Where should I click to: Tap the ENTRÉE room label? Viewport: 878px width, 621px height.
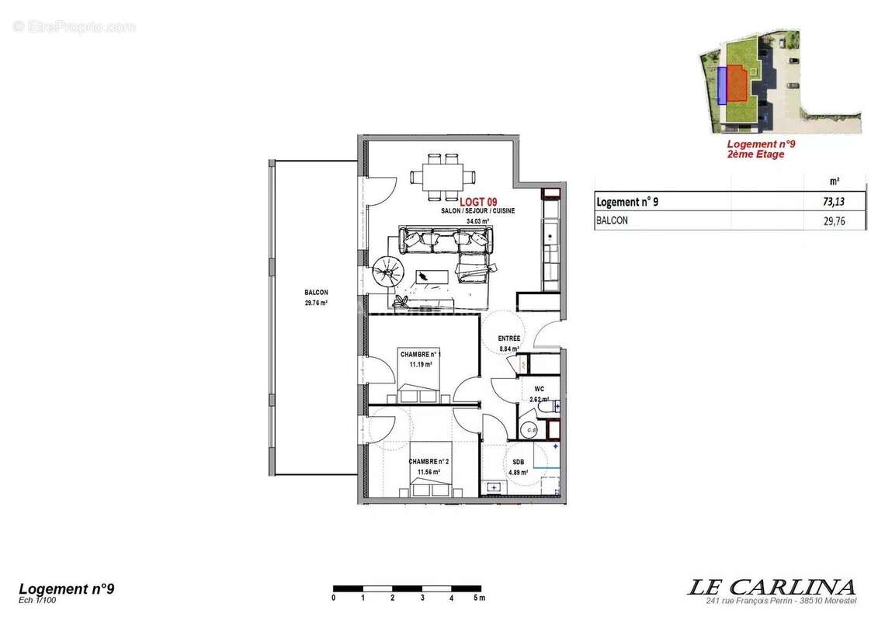[508, 339]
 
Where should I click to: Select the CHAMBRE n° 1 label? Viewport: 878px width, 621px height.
[420, 354]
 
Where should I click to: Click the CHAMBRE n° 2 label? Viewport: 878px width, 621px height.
[429, 461]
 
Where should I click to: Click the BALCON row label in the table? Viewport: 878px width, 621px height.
[612, 221]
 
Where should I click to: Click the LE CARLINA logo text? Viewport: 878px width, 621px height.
[771, 587]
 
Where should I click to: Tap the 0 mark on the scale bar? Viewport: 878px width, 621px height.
[334, 598]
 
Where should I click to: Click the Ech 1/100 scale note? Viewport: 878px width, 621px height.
[37, 600]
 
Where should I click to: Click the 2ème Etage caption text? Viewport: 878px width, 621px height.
[755, 154]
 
